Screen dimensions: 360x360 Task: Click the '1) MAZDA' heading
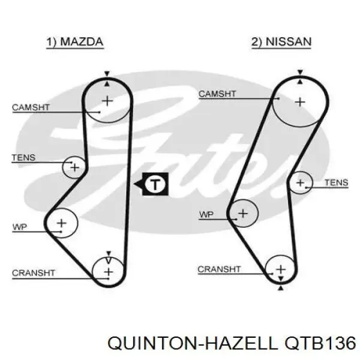(x=75, y=42)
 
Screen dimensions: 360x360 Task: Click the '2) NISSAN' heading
(x=281, y=42)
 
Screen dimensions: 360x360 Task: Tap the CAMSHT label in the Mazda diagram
(x=31, y=107)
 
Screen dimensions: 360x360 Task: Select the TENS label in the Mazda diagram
(x=23, y=157)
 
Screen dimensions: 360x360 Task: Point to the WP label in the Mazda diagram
(x=20, y=227)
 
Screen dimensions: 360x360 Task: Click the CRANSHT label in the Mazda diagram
(x=34, y=273)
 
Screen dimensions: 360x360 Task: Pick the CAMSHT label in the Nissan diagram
(x=217, y=94)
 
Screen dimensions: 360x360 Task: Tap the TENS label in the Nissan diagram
(x=337, y=182)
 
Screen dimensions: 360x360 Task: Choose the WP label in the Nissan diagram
(x=206, y=215)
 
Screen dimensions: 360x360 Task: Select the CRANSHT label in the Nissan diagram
(x=219, y=269)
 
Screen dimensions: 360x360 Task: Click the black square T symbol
(x=155, y=184)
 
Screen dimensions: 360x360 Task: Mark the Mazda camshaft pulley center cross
(x=107, y=101)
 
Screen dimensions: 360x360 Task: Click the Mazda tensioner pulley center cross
(x=74, y=167)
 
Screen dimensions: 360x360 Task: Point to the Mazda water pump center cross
(x=62, y=223)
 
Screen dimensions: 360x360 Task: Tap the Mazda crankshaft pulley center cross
(x=109, y=272)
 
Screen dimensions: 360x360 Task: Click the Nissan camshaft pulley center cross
(x=300, y=102)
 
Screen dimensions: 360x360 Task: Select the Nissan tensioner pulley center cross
(x=301, y=183)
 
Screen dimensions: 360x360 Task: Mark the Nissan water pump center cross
(x=243, y=214)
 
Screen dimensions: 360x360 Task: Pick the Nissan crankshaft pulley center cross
(x=281, y=269)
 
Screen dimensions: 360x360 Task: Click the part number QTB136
(x=320, y=343)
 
